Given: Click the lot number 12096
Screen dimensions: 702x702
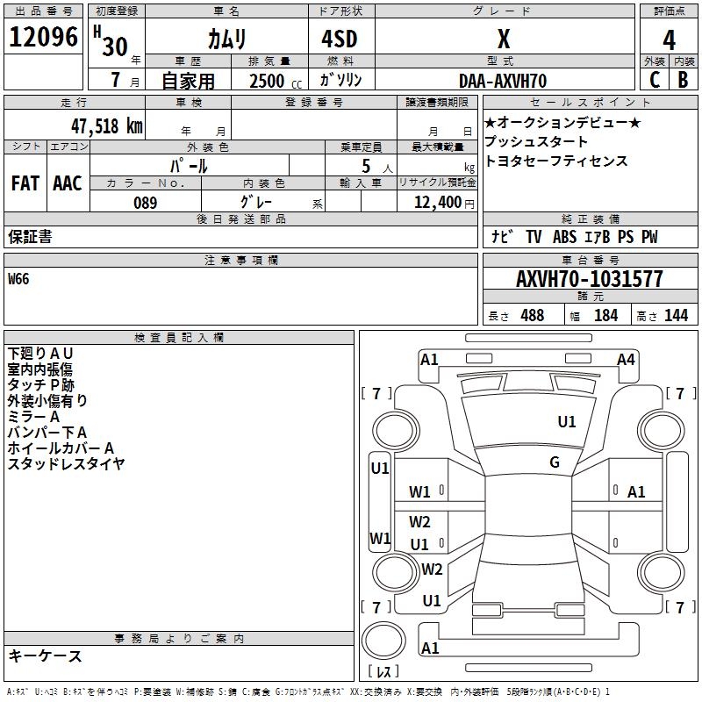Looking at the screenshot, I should [x=43, y=38].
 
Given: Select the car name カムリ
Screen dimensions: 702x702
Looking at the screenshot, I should [x=226, y=39].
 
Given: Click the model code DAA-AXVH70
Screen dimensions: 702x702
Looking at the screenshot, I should [x=503, y=80].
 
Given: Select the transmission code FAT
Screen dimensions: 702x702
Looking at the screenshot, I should [x=25, y=183].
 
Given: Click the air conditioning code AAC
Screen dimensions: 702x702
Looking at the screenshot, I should [x=68, y=183].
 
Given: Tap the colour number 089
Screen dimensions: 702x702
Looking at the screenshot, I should [x=146, y=203].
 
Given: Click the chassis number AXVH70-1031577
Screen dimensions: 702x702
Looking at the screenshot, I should [x=590, y=280].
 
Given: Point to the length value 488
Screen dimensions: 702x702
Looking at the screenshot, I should [x=532, y=315].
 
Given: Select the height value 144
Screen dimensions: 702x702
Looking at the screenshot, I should [x=676, y=315].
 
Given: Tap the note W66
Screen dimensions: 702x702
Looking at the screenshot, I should [x=18, y=280].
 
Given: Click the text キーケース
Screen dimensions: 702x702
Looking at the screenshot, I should [x=45, y=655].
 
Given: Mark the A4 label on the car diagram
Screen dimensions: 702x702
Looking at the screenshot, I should [x=626, y=359].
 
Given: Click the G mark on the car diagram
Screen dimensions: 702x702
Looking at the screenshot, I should [x=555, y=462].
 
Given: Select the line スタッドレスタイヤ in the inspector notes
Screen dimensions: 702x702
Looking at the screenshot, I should [x=67, y=463].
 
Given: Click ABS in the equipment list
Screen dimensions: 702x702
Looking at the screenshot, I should [x=565, y=237].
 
